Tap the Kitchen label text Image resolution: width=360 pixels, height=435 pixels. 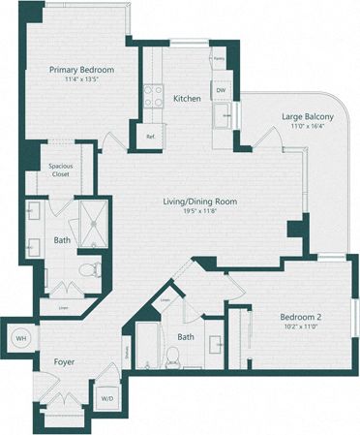tap(187, 99)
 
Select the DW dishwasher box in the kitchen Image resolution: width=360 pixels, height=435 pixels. tap(221, 90)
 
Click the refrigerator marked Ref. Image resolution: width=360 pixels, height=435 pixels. tap(151, 136)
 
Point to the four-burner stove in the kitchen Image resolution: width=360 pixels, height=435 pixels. tap(154, 95)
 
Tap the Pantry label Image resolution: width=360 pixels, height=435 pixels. tap(220, 59)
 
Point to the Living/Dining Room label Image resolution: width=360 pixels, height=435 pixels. tap(199, 202)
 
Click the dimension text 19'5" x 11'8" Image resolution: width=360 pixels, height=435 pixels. tap(199, 212)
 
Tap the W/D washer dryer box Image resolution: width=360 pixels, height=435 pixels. tap(106, 396)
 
